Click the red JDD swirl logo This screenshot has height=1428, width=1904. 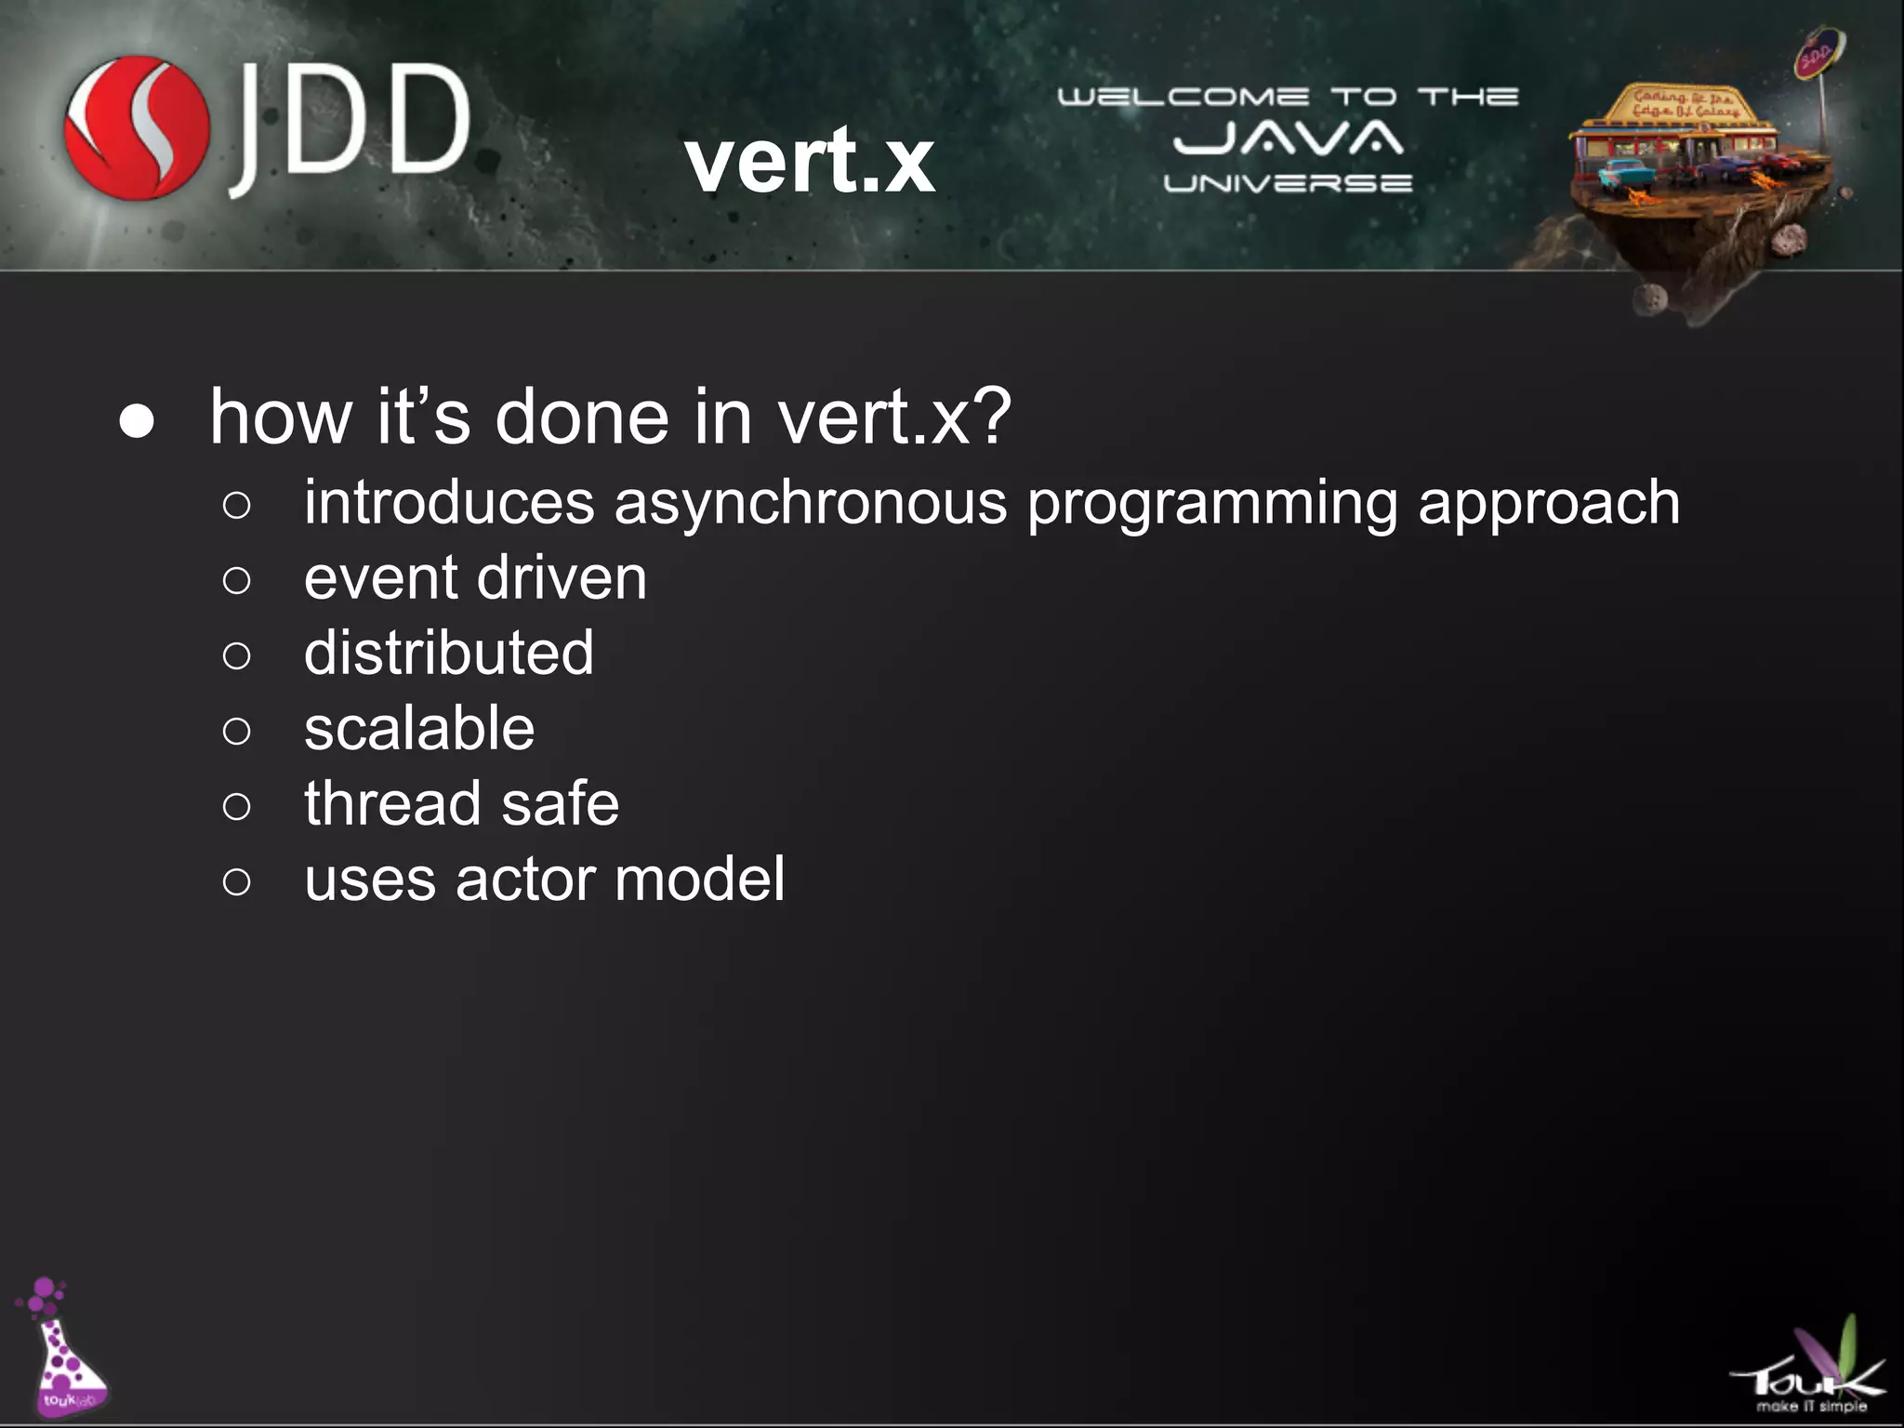pos(137,127)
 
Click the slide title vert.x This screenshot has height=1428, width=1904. pos(810,161)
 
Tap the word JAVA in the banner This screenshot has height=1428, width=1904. pos(1288,139)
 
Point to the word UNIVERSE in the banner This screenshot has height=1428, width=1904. pos(1288,183)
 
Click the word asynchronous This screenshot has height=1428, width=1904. pos(810,504)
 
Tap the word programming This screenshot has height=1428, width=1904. pos(1212,504)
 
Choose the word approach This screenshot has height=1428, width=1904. pos(1549,504)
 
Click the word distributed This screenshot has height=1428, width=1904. pos(449,653)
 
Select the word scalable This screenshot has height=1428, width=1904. pos(419,728)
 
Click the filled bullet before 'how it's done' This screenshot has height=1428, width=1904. pos(138,422)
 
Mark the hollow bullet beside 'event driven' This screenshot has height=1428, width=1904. pos(237,581)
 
